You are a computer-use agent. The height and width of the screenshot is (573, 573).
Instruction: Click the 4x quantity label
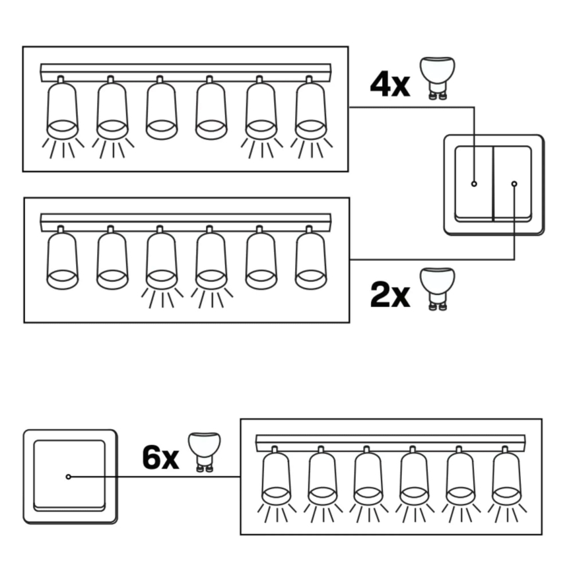pos(390,85)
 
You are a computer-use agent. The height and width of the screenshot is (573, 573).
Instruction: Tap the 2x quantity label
pos(390,294)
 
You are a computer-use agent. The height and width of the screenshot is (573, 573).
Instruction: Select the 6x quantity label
pos(160,457)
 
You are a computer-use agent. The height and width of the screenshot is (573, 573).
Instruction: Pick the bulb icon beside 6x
pos(204,452)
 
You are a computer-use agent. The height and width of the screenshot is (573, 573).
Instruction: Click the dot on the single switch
pos(68,477)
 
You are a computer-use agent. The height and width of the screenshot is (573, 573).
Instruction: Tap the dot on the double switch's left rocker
pos(474,184)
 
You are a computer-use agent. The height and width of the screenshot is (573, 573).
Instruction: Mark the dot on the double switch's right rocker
pos(514,184)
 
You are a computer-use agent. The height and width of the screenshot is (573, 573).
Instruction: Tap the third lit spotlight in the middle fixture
pos(162,261)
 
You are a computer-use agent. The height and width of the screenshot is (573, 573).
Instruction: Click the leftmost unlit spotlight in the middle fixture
pos(63,261)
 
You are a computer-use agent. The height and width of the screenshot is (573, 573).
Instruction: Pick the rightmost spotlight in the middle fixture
pos(310,261)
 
